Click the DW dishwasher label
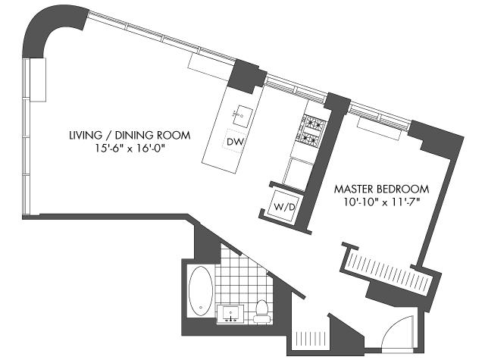point(236,142)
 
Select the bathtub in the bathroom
point(201,291)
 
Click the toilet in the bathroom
point(262,311)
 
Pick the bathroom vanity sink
point(230,314)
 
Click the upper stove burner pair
point(313,123)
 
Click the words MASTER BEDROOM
point(382,189)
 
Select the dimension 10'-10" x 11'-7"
point(382,202)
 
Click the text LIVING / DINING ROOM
point(130,135)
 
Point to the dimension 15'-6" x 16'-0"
point(130,149)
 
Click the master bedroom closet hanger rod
point(388,269)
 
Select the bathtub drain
point(201,308)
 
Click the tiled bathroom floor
point(244,278)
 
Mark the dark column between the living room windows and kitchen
point(247,76)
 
